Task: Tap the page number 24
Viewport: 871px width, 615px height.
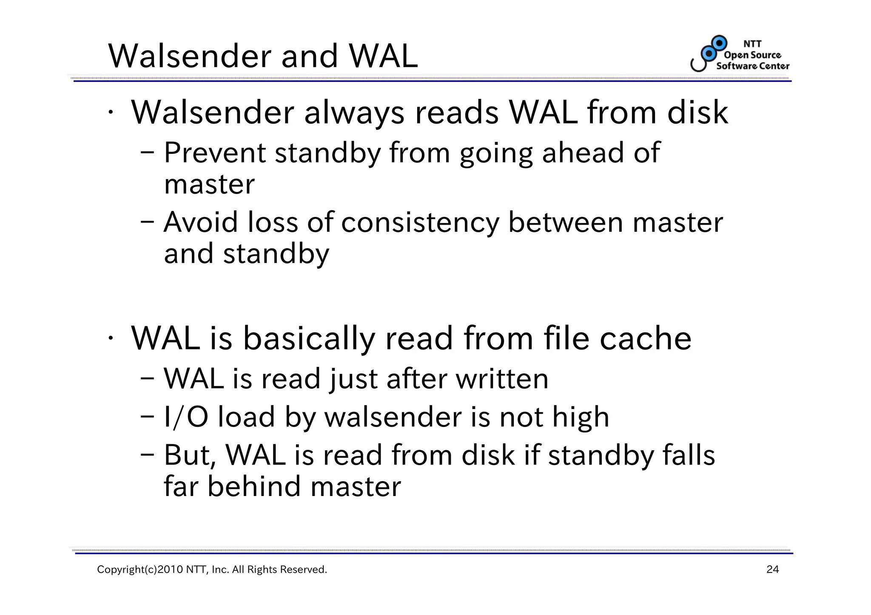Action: point(772,570)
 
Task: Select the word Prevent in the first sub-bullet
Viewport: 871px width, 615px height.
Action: point(215,153)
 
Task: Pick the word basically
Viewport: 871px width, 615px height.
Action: point(309,339)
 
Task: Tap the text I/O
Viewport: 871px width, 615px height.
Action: point(186,417)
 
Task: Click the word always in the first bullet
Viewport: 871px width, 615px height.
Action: point(354,113)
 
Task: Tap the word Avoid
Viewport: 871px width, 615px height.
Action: point(201,222)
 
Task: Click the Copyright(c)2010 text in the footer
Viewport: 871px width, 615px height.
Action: point(140,570)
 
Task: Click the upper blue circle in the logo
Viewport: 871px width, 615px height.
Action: point(719,43)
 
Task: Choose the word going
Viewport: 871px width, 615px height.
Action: point(496,154)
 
